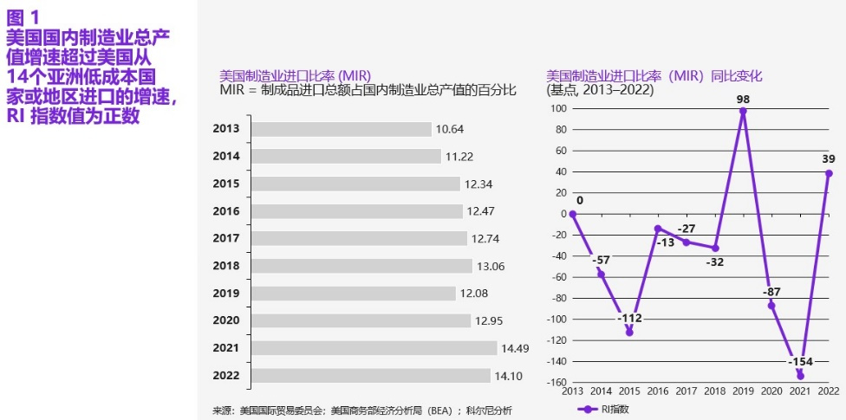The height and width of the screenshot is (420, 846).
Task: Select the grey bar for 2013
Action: click(x=342, y=129)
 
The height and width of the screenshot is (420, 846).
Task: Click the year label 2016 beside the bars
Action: click(x=226, y=211)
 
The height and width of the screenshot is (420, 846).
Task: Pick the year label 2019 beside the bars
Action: click(x=226, y=294)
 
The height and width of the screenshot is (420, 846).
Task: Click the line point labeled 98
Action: click(x=743, y=111)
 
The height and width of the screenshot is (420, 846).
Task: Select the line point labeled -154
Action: click(x=800, y=376)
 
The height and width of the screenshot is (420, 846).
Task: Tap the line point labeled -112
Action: click(x=629, y=333)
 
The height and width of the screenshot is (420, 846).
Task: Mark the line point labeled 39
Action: click(x=829, y=173)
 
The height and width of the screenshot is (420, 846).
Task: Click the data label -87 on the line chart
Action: click(x=771, y=292)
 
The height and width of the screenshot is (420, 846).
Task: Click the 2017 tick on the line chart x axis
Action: click(x=686, y=391)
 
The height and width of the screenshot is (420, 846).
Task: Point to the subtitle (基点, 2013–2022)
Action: click(x=600, y=90)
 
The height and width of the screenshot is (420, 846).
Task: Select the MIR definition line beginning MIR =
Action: click(x=368, y=90)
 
